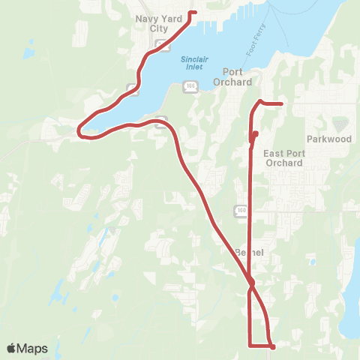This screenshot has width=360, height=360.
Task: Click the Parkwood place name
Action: coord(329,139)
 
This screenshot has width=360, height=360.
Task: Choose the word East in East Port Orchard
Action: coord(275,153)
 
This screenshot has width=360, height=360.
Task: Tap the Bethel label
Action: coord(250,252)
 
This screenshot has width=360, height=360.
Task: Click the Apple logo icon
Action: coord(11,349)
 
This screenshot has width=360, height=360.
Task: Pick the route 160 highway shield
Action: coord(240,211)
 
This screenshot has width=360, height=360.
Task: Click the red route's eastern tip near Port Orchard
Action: coord(280,103)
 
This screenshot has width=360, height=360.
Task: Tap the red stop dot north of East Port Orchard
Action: coord(256,134)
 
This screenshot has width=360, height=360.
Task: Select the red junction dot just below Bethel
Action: coord(251,283)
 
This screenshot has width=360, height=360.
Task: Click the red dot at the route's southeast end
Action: coord(273,346)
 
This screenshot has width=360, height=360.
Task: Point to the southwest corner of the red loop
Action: coord(249,345)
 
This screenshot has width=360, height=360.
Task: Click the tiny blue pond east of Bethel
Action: coord(310,263)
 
